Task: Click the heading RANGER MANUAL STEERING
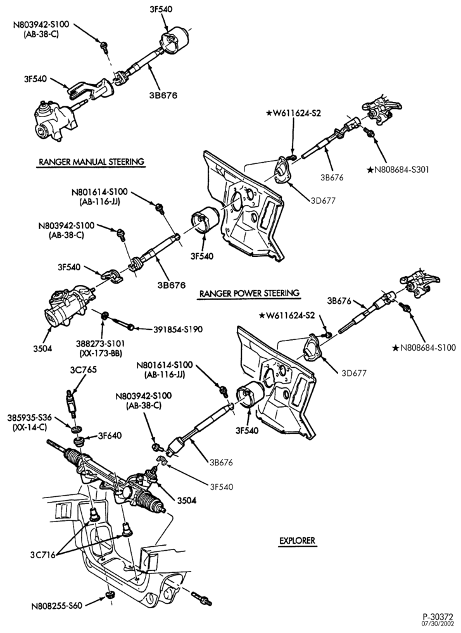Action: tap(91, 162)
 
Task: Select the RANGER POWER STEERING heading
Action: tap(249, 293)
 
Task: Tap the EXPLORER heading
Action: tap(297, 541)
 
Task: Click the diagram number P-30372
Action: tap(438, 617)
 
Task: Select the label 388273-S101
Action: tap(100, 344)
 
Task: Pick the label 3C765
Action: tap(84, 370)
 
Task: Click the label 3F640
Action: tap(110, 436)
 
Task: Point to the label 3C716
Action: tap(42, 555)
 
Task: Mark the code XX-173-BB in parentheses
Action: tap(100, 354)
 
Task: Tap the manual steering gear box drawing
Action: tap(54, 120)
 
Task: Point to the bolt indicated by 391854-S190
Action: tap(122, 324)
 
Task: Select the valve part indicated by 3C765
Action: tap(72, 404)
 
